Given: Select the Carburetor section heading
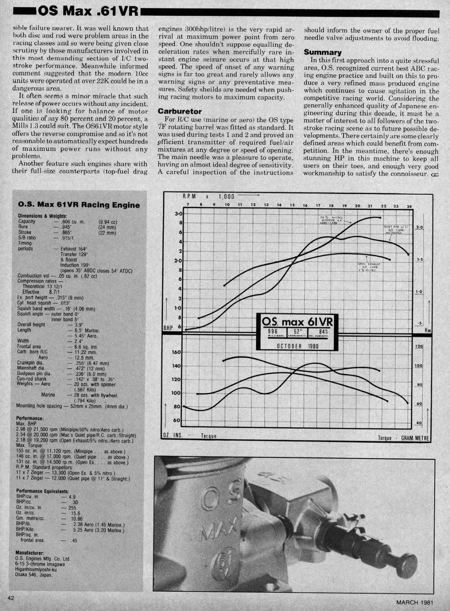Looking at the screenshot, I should click(180, 111).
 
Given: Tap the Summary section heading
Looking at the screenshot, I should click(322, 52).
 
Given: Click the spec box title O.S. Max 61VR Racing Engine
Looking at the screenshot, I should click(79, 205).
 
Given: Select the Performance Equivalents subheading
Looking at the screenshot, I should click(42, 491).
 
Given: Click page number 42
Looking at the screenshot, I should click(11, 598).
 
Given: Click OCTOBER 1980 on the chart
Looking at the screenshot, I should click(295, 346).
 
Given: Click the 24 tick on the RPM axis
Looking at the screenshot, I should click(409, 206).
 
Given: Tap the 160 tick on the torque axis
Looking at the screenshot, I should click(176, 352).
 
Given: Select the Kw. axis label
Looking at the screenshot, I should click(428, 330).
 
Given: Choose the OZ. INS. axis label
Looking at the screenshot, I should click(173, 436).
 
